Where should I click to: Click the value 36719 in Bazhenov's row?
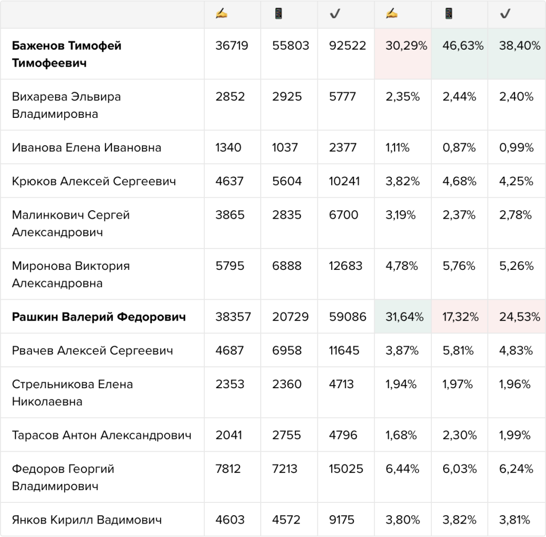pos(231,46)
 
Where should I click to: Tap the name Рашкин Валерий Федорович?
pos(99,317)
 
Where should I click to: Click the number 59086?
pos(348,317)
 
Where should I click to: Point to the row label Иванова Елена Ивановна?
pos(86,148)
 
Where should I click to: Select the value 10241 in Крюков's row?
pos(344,181)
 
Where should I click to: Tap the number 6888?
pos(286,266)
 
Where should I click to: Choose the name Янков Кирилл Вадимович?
pos(87,520)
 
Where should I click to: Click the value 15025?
pos(346,469)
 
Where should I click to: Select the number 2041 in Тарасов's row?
pos(228,435)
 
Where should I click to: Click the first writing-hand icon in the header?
pos(221,13)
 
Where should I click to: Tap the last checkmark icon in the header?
pos(505,13)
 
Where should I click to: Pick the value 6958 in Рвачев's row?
pos(286,351)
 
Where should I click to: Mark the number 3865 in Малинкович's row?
pos(230,215)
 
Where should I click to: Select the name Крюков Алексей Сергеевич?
pos(94,181)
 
